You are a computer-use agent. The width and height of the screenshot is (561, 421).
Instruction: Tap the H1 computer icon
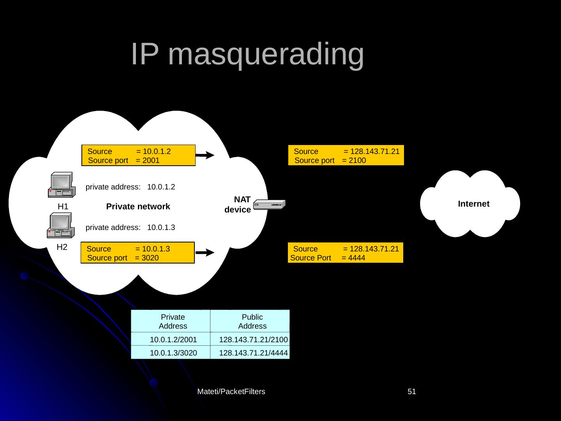[x=60, y=185]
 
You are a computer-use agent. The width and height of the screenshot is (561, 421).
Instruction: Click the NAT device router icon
[x=269, y=205]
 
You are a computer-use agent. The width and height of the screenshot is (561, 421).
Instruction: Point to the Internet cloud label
[x=473, y=204]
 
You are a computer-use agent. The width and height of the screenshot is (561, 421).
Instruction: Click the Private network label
[x=138, y=207]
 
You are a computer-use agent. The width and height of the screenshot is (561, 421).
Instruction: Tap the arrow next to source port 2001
[x=205, y=155]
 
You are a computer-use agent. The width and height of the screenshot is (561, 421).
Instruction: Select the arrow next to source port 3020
[x=205, y=253]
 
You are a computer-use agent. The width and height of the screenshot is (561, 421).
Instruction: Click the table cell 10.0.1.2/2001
[x=173, y=340]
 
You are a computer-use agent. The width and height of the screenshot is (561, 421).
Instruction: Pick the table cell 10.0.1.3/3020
[x=173, y=353]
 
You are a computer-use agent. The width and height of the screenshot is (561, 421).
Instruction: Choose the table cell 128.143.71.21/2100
[x=253, y=340]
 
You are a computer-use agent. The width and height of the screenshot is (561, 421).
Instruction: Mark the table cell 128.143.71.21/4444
[x=253, y=353]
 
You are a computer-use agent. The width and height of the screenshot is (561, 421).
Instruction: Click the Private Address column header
[x=173, y=322]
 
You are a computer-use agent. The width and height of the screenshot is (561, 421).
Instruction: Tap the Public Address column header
[x=252, y=322]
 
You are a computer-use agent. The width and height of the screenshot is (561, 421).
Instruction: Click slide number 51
[x=412, y=391]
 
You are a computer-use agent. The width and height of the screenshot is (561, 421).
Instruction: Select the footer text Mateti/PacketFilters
[x=231, y=391]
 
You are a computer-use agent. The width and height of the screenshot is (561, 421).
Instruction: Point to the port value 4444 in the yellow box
[x=357, y=258]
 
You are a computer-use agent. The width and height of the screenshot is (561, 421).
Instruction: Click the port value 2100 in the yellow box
[x=357, y=160]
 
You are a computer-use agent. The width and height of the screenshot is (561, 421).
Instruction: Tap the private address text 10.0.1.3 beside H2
[x=161, y=227]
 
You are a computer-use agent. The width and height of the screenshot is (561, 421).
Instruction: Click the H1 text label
[x=63, y=207]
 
